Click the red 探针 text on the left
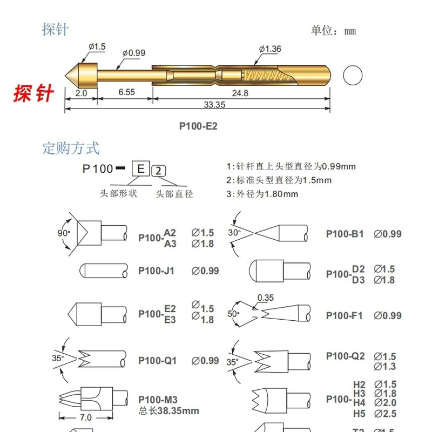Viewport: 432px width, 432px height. (x=33, y=93)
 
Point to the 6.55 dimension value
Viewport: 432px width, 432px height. (x=126, y=93)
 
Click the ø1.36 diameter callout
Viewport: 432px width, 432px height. (x=269, y=49)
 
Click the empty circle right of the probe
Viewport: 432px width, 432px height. (x=353, y=75)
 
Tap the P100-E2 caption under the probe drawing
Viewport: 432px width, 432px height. (x=198, y=126)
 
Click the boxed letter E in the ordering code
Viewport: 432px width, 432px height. (x=140, y=169)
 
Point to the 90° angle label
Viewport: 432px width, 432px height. (x=64, y=233)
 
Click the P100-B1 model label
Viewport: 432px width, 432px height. (x=345, y=234)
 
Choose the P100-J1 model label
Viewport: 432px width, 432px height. (x=157, y=271)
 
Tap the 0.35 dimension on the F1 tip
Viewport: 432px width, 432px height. (x=265, y=298)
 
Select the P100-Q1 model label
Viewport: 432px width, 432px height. (x=157, y=360)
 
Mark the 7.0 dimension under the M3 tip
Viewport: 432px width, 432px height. (x=86, y=417)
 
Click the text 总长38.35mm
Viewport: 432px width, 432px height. (x=168, y=411)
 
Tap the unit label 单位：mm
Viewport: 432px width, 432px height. (x=333, y=30)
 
